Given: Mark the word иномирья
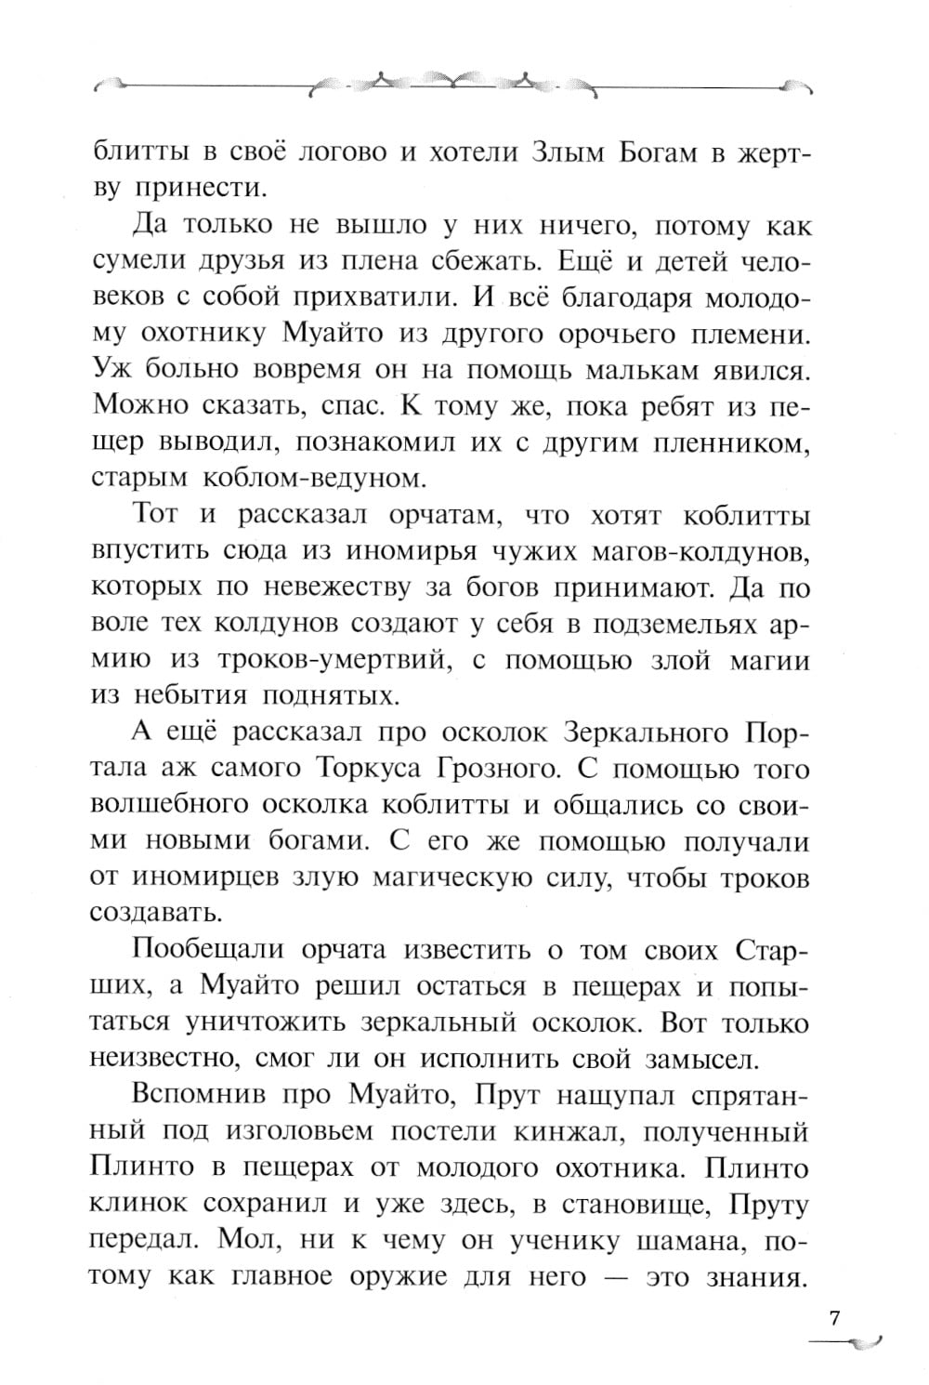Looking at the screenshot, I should [x=412, y=552].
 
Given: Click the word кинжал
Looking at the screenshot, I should [x=564, y=1132].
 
